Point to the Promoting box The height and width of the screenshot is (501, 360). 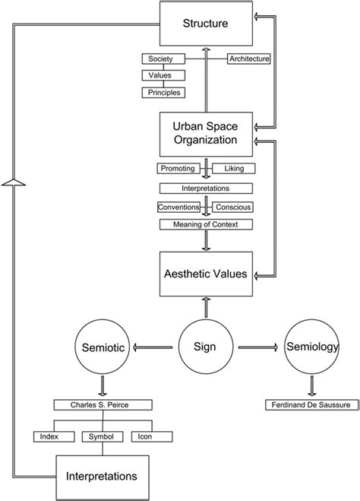point(178,168)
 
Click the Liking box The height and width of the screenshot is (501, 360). point(233,168)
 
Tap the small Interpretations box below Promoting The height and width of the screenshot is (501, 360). point(205,187)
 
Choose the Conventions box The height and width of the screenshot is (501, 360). point(178,206)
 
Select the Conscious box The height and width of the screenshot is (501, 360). point(232,206)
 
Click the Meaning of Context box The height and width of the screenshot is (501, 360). point(205,224)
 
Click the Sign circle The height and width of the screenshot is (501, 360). point(205,347)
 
